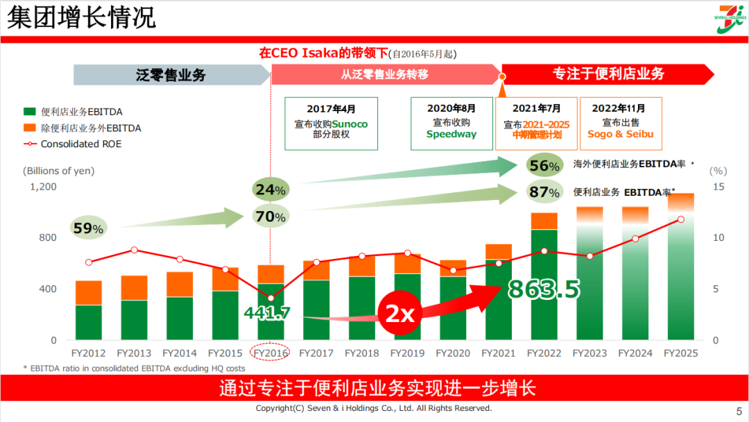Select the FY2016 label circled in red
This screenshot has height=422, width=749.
[x=270, y=353]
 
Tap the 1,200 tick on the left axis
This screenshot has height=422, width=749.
[x=43, y=187]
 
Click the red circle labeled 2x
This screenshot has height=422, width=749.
[x=399, y=314]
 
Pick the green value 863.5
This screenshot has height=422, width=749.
[x=544, y=289]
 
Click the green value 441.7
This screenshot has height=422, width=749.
[x=267, y=313]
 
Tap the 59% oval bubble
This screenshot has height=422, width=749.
[x=88, y=228]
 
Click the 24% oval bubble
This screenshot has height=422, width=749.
[x=270, y=189]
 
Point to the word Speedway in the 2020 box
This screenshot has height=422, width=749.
[x=451, y=134]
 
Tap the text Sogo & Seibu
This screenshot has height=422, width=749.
[x=621, y=134]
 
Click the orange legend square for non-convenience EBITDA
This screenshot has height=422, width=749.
[x=29, y=128]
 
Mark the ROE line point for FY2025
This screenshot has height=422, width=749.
[x=681, y=219]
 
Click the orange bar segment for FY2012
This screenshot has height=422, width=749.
[x=89, y=293]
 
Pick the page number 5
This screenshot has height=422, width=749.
[x=738, y=410]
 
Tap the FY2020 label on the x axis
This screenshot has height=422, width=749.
[x=454, y=353]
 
